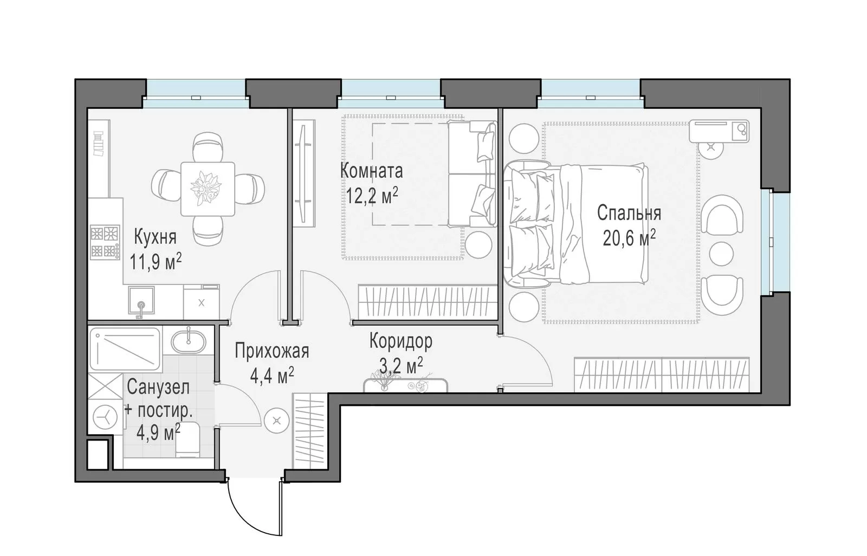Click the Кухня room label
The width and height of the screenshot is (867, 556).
coord(155,237)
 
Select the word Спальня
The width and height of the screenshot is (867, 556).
coord(629,213)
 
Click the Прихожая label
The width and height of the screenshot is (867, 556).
coord(271,351)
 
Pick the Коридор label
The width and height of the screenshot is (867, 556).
coord(400,341)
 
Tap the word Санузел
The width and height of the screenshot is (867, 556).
coord(158,387)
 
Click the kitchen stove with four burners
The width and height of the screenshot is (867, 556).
coord(105,243)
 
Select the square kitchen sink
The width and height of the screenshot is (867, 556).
coord(141,300)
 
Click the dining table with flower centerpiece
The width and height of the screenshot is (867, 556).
coord(208,189)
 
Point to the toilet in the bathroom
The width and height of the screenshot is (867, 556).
coord(187,440)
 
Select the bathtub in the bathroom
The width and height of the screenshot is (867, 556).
coord(125,349)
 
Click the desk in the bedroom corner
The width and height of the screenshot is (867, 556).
coord(719,131)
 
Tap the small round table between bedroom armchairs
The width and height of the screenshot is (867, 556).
coord(721,254)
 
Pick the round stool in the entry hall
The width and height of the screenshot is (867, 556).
coord(277,421)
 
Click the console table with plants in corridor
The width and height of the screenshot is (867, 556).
coord(405,385)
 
